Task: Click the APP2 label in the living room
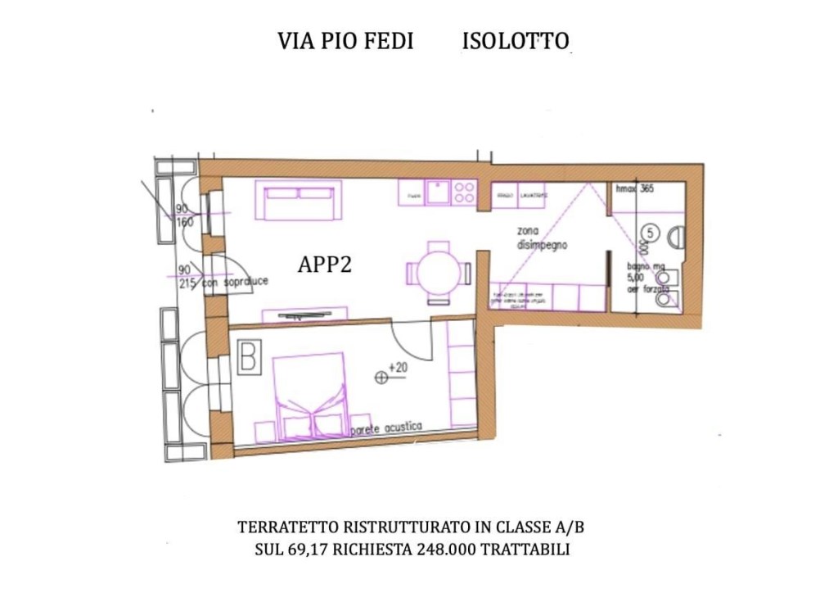(325, 265)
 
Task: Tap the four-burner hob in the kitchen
(465, 192)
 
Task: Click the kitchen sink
(439, 192)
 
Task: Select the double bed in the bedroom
(309, 393)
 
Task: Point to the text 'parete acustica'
(385, 428)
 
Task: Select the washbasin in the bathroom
(674, 238)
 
